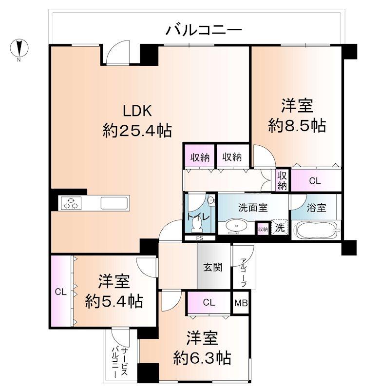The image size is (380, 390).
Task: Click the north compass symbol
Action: click(19, 48)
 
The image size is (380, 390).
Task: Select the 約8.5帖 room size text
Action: click(297, 126)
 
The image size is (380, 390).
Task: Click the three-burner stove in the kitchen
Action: click(70, 203)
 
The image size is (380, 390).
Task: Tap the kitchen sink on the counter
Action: click(115, 203)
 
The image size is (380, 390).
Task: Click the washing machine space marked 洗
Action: click(280, 227)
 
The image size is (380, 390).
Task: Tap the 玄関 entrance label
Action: click(212, 267)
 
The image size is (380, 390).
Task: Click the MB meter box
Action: click(241, 303)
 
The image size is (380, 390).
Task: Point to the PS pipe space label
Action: click(199, 238)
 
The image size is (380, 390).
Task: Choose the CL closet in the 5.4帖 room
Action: click(60, 292)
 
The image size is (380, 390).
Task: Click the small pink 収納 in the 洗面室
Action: click(263, 229)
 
